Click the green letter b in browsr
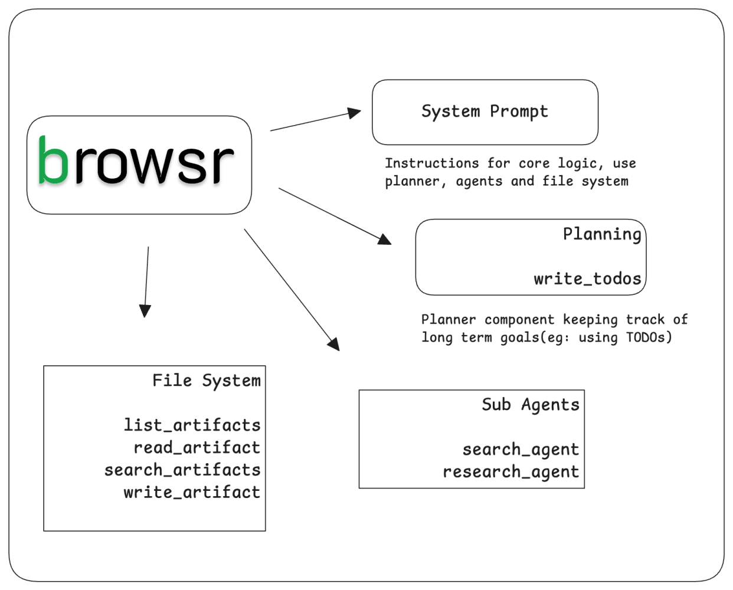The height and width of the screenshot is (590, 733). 53,161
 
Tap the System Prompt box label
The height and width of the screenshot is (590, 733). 485,112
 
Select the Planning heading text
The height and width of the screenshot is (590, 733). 601,234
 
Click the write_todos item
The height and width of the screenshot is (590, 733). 587,278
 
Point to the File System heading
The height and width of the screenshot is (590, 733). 206,381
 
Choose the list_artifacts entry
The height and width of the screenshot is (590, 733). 192,425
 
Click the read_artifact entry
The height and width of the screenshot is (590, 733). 197,447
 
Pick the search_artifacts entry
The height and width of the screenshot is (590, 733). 182,470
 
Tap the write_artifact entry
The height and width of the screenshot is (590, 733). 192,492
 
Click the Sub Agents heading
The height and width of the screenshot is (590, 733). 530,405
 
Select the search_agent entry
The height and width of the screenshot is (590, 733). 521,450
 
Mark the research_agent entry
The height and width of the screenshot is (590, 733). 511,472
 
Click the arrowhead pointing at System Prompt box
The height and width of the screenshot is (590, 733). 355,112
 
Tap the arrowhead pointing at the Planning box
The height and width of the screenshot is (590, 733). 384,238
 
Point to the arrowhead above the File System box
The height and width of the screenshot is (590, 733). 145,311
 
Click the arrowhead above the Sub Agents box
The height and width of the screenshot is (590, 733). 334,344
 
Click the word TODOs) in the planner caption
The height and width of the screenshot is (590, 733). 649,337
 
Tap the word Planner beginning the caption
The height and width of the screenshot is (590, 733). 448,320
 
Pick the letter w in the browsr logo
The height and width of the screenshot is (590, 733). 155,163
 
